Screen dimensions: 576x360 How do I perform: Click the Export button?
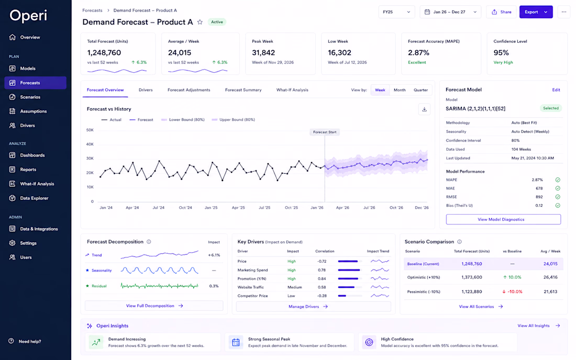(x=536, y=12)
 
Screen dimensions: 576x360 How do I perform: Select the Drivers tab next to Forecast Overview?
(x=146, y=90)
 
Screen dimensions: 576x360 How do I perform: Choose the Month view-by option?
(x=400, y=90)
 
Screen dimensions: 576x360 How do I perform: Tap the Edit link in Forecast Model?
(x=556, y=90)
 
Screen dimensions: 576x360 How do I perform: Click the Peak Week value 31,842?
(x=263, y=53)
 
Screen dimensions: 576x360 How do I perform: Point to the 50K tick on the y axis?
(x=90, y=130)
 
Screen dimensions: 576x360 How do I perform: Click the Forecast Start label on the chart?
(x=325, y=132)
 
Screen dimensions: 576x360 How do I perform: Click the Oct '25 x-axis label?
(x=291, y=208)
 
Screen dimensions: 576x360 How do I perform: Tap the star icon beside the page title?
(x=200, y=22)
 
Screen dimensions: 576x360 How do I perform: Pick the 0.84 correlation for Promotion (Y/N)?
(x=322, y=278)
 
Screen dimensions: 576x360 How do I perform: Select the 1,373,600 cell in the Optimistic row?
(x=472, y=277)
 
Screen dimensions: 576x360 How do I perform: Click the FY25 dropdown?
(x=397, y=12)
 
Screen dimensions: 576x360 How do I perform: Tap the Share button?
(x=502, y=12)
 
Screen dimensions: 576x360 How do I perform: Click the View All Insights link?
(x=538, y=326)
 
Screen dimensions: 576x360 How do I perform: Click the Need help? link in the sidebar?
(x=25, y=341)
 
